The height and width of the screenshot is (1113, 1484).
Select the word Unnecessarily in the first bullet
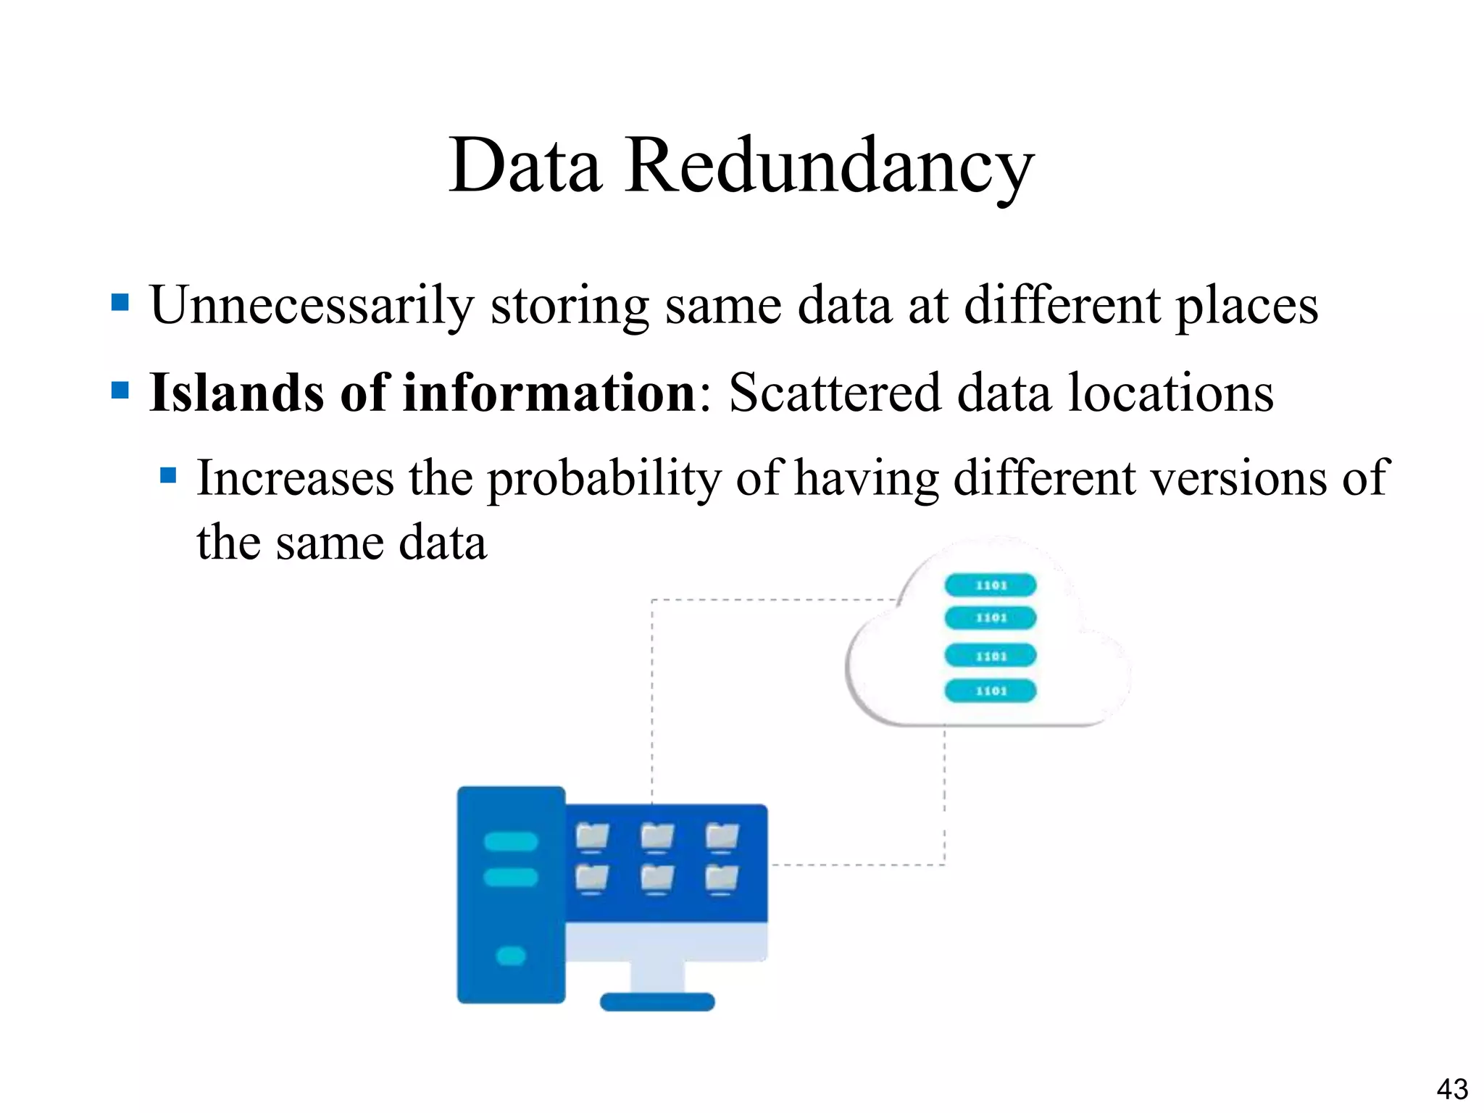pos(312,306)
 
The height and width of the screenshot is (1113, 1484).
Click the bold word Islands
pos(236,393)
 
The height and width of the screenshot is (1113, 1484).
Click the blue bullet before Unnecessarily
pos(120,301)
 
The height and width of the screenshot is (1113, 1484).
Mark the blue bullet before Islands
pos(120,391)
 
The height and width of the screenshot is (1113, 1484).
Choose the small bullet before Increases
pos(168,475)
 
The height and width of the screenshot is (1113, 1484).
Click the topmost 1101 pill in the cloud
pos(991,585)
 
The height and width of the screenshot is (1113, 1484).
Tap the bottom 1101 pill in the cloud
pos(991,691)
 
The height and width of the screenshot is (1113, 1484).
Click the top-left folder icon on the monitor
pos(592,836)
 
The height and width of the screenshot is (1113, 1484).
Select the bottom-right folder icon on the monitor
pos(722,878)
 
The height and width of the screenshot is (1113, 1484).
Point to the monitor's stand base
pos(657,1002)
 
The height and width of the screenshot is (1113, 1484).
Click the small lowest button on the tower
pos(511,956)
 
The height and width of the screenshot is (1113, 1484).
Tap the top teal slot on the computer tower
pos(511,841)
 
